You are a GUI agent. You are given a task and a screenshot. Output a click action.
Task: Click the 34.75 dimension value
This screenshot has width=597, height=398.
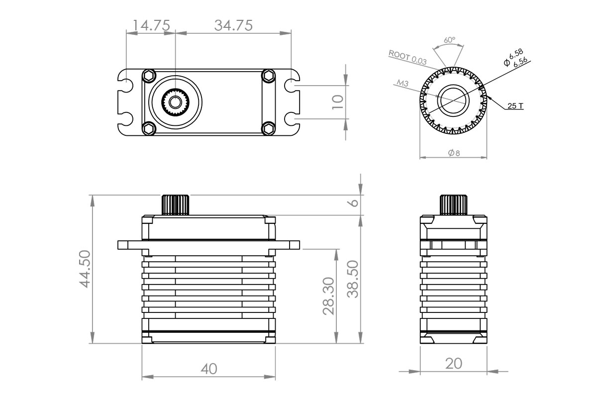pos(233,25)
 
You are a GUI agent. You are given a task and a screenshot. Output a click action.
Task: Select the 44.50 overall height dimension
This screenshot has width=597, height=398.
pos(84,269)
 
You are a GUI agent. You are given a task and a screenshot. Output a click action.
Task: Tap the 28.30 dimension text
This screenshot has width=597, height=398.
pos(329,297)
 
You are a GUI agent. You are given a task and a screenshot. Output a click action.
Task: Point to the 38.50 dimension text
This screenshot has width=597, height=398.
pos(353,279)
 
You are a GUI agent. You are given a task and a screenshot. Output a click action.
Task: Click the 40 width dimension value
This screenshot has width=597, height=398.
pos(208,369)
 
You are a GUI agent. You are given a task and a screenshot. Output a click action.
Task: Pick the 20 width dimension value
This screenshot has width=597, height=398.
pos(454,364)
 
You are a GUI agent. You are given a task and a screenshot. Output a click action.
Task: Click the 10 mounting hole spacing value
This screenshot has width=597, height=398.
pos(338,102)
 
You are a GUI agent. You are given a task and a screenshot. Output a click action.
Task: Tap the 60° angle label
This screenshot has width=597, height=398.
pos(449,40)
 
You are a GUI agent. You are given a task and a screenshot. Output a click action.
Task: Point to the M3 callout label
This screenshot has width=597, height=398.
pos(403,84)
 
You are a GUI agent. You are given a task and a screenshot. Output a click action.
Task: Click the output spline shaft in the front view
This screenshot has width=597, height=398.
pos(176,204)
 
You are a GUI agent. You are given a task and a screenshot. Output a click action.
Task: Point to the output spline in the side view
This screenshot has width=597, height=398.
pos(453,204)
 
